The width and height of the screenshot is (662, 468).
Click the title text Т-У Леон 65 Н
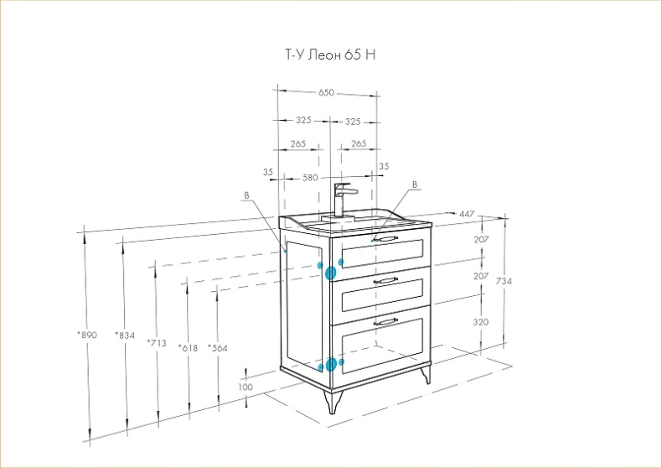tap(330, 55)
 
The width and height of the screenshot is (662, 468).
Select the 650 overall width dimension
tap(326, 92)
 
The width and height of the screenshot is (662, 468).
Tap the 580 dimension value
tap(310, 178)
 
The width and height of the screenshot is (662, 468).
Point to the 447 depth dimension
tap(467, 214)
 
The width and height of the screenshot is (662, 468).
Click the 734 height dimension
tap(504, 280)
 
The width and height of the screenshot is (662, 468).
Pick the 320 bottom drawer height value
tap(480, 322)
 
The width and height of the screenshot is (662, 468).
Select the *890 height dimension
tap(87, 335)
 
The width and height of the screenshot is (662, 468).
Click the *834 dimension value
tap(125, 335)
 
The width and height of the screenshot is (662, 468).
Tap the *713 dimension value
tap(157, 342)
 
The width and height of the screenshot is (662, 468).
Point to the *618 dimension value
tap(188, 348)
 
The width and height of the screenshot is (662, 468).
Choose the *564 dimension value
tap(217, 348)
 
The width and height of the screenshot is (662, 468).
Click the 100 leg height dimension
tap(246, 387)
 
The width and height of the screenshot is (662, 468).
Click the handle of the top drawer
tap(385, 239)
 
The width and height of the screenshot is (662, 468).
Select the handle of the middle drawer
tap(385, 279)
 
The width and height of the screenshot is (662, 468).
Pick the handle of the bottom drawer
tap(385, 322)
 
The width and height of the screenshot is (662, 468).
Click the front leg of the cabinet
tap(333, 401)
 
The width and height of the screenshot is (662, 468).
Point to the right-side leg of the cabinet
tap(426, 374)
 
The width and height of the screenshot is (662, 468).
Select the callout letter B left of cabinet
tap(246, 195)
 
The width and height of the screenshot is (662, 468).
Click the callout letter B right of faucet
tap(415, 185)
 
